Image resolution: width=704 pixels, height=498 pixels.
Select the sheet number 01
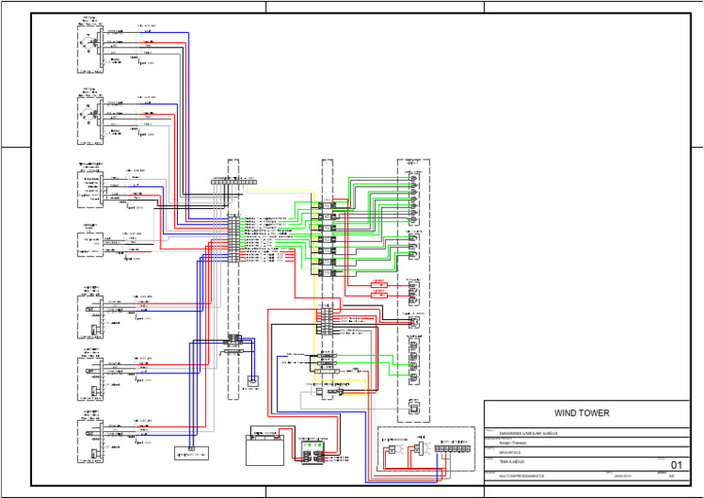(x=676, y=464)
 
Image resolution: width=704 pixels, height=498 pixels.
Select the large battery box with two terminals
(x=265, y=448)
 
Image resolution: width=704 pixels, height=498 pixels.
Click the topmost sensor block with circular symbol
(x=89, y=42)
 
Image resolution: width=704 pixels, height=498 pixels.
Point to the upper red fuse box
(x=379, y=285)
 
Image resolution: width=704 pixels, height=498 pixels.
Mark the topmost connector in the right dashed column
(x=413, y=174)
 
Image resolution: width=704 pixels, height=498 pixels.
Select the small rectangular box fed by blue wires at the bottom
(x=192, y=452)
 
